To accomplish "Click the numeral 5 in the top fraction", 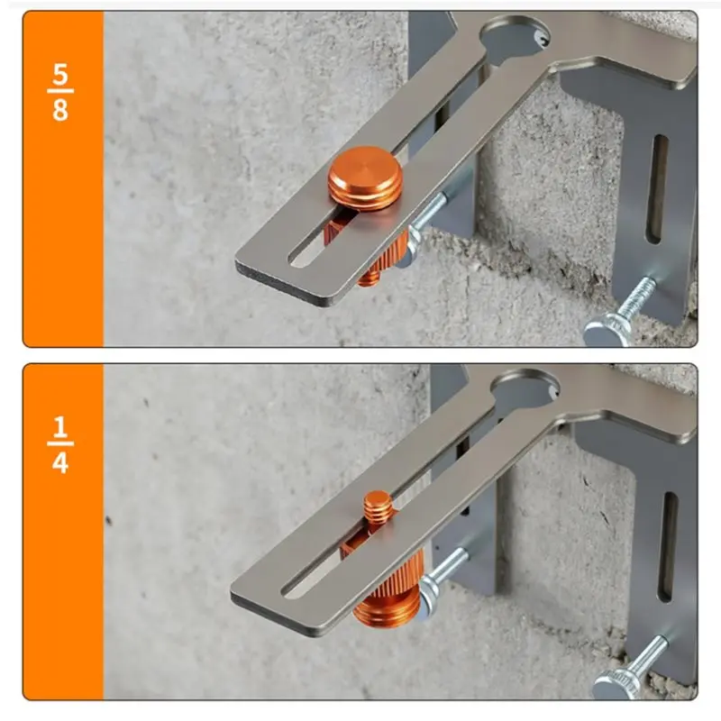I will click(x=60, y=72).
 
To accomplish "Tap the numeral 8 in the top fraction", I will click(x=60, y=112).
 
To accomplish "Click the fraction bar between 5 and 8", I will click(x=60, y=92).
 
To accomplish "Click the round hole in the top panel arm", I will click(x=514, y=32).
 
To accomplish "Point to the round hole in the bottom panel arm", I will click(x=526, y=388).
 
